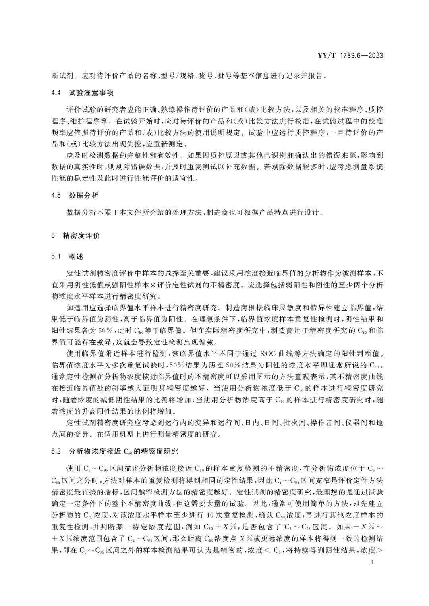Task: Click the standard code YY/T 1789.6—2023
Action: click(350, 56)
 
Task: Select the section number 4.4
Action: click(56, 93)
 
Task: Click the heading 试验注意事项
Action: click(91, 93)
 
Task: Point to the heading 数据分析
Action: click(83, 196)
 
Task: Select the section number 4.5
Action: click(56, 196)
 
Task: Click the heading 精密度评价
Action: click(82, 235)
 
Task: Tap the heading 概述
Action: click(76, 256)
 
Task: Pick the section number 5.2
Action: click(56, 452)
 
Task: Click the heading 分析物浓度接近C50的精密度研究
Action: click(124, 452)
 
